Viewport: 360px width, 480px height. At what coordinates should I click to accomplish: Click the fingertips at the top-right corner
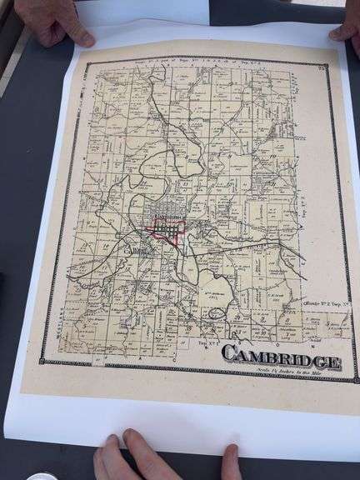(x=345, y=33)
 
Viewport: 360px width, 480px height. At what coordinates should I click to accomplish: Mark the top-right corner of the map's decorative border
(x=326, y=64)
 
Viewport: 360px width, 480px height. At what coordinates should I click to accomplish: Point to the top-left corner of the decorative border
(x=86, y=60)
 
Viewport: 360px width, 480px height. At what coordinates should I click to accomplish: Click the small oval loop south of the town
(x=217, y=312)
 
